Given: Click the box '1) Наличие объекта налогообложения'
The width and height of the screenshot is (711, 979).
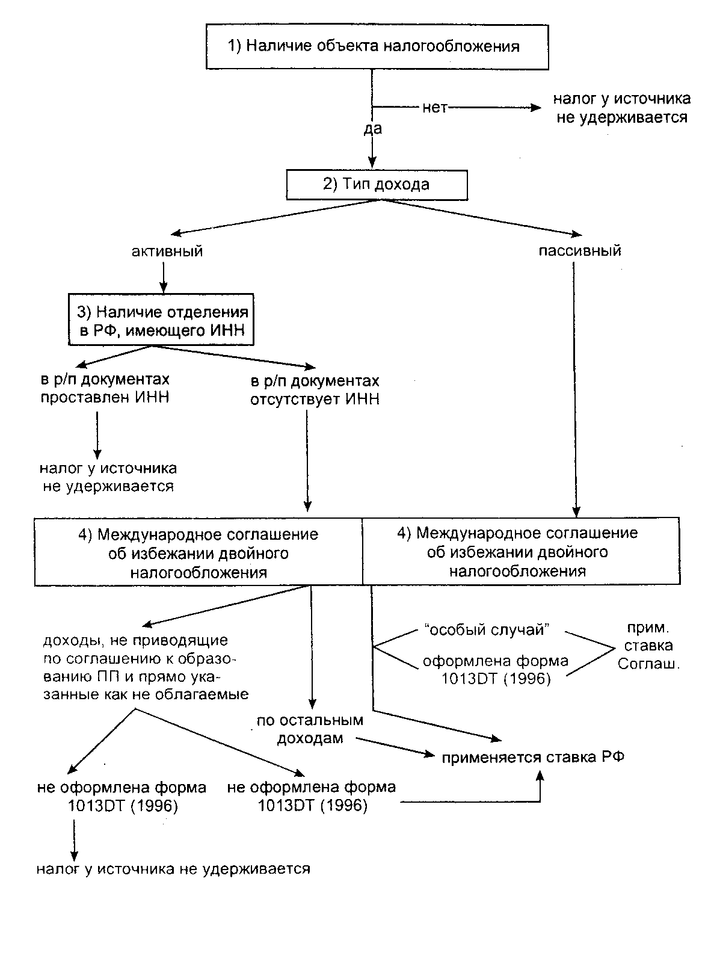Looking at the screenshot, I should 377,46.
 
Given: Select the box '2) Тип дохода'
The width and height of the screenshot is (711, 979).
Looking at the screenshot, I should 377,184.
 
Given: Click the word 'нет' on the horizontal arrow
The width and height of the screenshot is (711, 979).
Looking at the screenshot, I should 435,108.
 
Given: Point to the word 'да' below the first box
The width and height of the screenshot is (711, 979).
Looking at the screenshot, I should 372,128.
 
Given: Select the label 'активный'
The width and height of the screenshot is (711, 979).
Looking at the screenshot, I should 167,251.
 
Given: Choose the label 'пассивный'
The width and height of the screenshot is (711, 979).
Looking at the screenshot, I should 579,251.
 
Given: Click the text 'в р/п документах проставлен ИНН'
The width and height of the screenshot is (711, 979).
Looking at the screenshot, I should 105,388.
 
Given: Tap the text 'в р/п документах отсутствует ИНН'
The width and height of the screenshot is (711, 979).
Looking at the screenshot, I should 315,390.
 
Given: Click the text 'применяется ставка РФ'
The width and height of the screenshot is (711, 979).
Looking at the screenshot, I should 532,757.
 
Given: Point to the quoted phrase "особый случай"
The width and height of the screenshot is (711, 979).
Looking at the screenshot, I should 488,630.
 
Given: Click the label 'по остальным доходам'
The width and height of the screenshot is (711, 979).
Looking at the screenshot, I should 310,729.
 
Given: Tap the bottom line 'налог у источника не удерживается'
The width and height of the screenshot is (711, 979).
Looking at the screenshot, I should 173,868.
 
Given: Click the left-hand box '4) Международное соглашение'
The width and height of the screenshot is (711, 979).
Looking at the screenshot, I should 199,552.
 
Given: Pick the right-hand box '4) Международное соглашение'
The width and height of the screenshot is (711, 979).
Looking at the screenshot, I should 521,551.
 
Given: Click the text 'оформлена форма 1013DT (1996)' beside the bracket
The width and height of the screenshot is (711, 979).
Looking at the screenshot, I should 495,670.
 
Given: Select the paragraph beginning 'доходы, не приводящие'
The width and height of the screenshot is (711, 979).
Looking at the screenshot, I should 146,667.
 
